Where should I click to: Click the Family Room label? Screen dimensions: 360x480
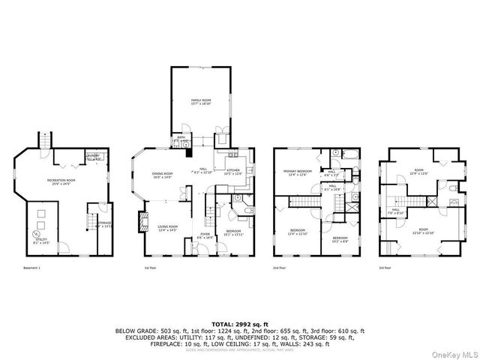coord(199,102)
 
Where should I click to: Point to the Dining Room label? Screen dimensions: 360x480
coord(163,175)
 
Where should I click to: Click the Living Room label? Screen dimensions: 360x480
coord(166,228)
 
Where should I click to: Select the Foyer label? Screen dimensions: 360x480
coord(203,235)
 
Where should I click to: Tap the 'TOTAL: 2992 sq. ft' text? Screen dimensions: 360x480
coord(240,323)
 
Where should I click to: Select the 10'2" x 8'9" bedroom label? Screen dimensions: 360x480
coord(341,240)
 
